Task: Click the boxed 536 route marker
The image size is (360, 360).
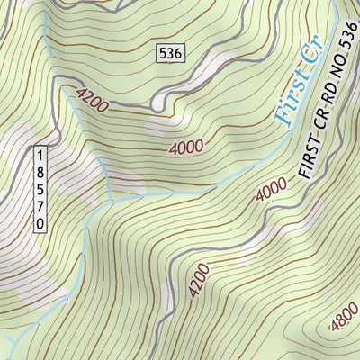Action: [169, 53]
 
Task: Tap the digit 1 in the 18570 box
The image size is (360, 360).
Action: [40, 155]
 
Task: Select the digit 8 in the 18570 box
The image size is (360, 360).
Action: [40, 171]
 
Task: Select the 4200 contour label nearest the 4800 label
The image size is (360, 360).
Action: [200, 280]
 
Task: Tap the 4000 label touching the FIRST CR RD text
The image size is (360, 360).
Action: [271, 191]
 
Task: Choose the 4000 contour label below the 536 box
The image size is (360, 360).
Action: [185, 147]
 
